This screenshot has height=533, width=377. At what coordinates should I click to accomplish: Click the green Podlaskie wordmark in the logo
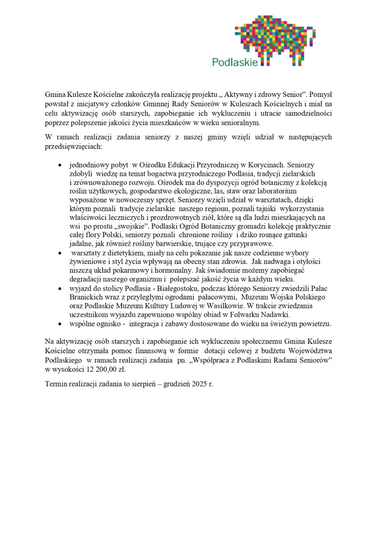(x=234, y=62)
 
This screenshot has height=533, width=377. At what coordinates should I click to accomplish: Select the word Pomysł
(x=321, y=95)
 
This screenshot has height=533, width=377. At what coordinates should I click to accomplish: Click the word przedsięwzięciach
(x=74, y=146)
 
